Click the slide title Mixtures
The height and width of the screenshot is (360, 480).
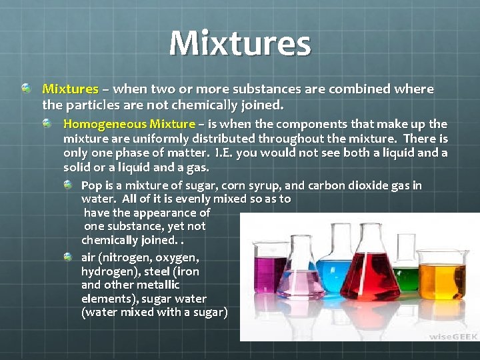click(240, 43)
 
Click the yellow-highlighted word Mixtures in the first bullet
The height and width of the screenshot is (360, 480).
click(70, 89)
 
